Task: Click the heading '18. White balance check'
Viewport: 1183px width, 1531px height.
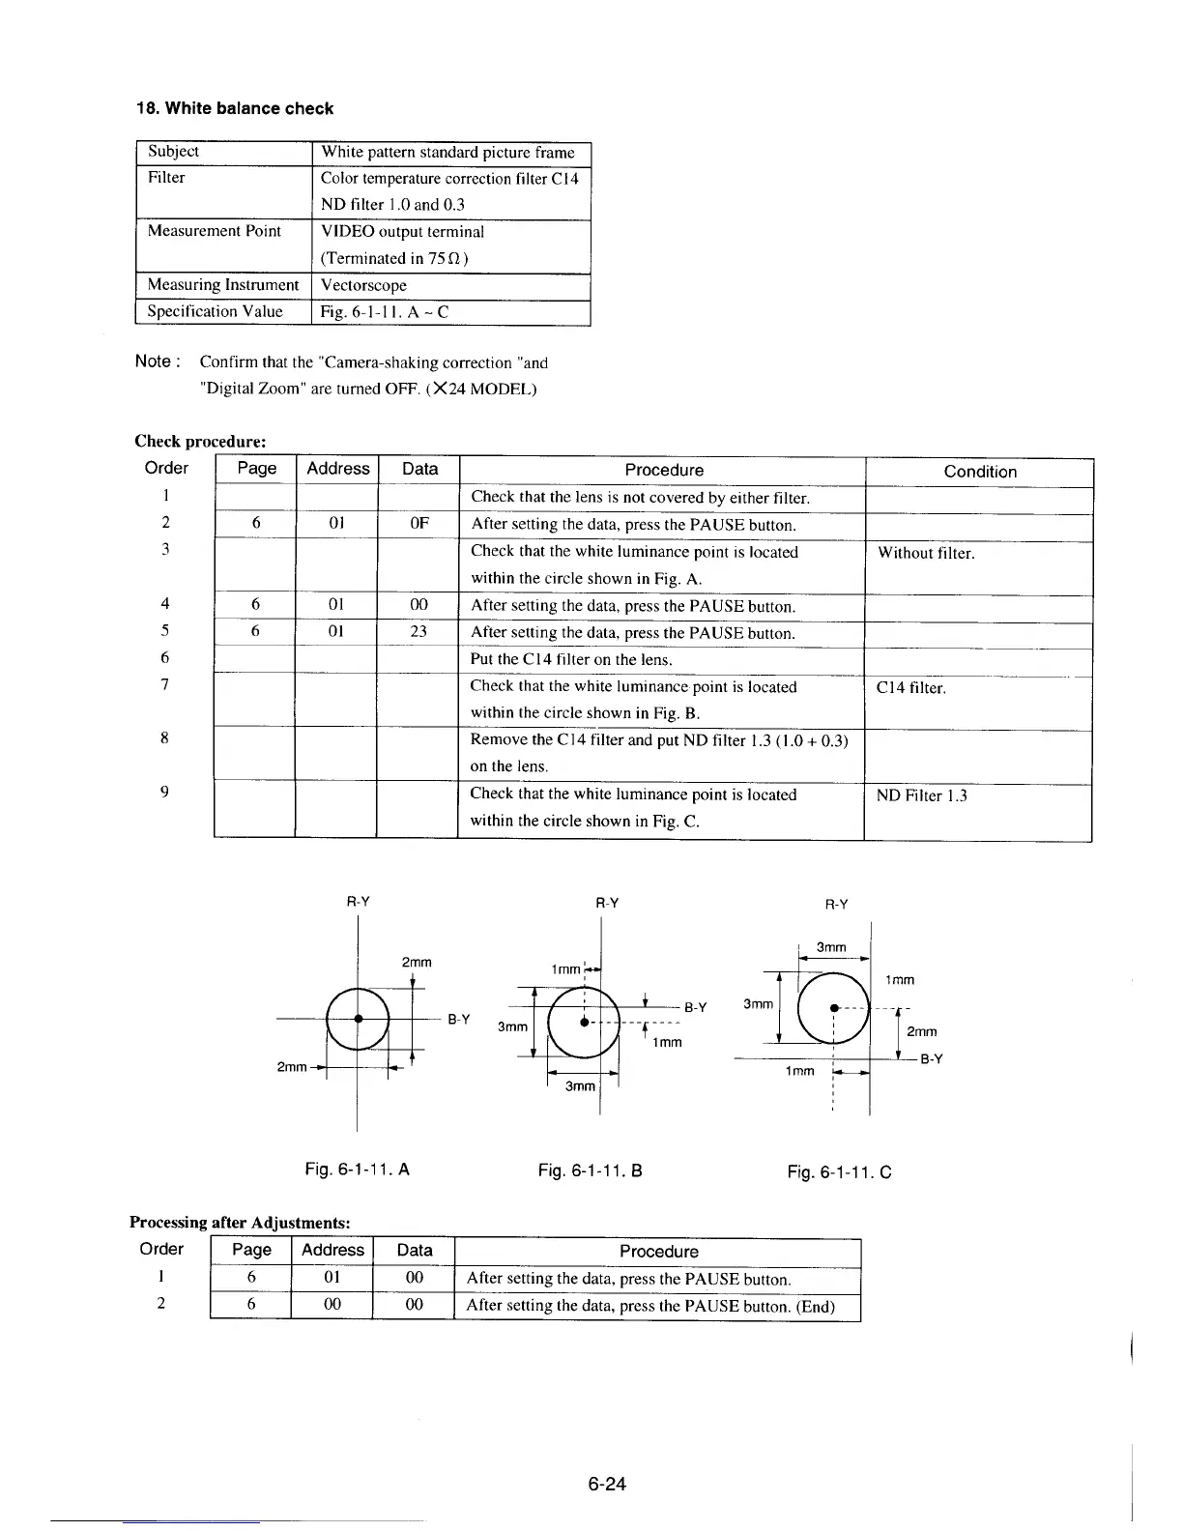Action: (x=234, y=108)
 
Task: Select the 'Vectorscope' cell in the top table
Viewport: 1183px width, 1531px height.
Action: (x=363, y=285)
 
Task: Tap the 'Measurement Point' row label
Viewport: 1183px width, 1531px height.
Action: (x=214, y=231)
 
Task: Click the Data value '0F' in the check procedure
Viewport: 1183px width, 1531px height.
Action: (x=418, y=524)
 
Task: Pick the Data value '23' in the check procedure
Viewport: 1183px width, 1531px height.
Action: (x=418, y=632)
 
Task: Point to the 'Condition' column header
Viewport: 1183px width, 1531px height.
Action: (x=979, y=472)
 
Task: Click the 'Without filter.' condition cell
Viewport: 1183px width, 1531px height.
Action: (x=926, y=553)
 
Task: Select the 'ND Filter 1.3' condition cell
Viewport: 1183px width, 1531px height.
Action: (x=921, y=795)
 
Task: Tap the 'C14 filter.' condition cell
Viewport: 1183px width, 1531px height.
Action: (x=910, y=688)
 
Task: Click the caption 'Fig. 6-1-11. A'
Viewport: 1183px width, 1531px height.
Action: (x=357, y=1170)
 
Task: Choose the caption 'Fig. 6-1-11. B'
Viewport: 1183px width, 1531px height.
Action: (x=590, y=1171)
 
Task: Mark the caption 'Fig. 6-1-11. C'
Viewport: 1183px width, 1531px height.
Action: (x=839, y=1172)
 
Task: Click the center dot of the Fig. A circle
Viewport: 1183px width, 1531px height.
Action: (x=358, y=1018)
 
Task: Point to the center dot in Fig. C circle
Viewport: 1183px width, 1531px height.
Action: (x=833, y=1008)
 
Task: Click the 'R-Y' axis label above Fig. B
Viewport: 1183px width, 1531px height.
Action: (x=606, y=903)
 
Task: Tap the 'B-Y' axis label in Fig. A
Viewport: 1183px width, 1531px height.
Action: (x=458, y=1019)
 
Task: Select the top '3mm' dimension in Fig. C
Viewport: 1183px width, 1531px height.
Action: (x=831, y=947)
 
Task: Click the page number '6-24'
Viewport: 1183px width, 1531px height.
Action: (x=607, y=1484)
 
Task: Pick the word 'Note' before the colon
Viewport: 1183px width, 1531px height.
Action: (x=153, y=361)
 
